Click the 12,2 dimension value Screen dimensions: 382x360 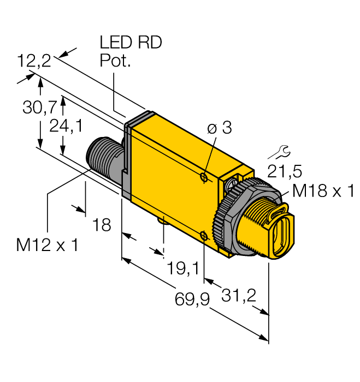pos(34,61)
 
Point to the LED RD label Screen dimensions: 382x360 pos(131,43)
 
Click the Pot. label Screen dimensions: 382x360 pos(116,61)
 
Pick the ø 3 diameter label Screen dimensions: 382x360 pos(220,129)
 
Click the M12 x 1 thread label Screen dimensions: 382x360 pos(47,245)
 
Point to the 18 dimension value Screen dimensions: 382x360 pos(102,224)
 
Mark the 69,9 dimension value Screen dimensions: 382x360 pos(191,299)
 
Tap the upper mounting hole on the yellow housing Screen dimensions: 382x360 pos(203,177)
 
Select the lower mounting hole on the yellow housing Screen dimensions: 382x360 pos(203,236)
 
